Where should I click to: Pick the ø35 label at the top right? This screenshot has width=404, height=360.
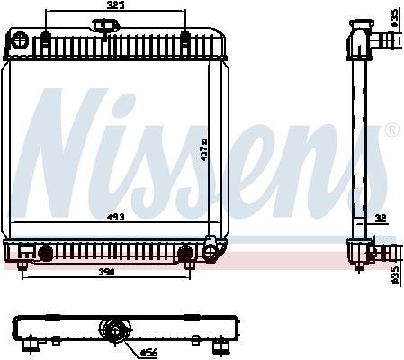coord(394,16)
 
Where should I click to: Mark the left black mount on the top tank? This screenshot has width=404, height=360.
coord(45,38)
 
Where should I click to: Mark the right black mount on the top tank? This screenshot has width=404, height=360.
coord(184,38)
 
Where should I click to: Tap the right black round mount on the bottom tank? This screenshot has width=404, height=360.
coord(186,253)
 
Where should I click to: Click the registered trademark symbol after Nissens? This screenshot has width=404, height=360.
coord(391,131)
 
